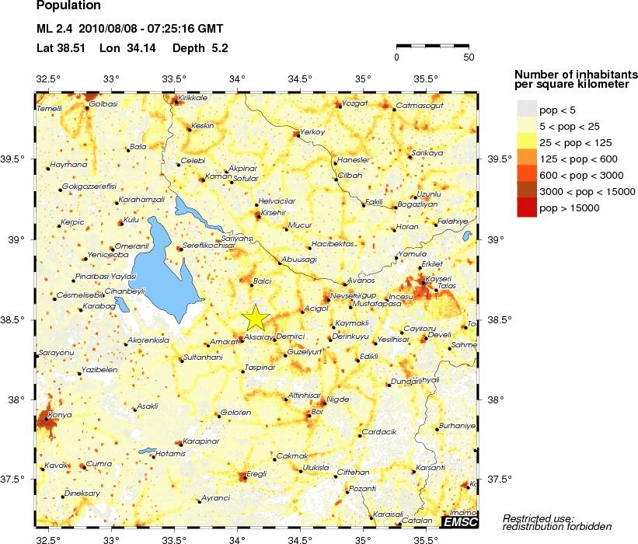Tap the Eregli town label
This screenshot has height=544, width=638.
coord(256,473)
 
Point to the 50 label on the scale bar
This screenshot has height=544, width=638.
coord(468,58)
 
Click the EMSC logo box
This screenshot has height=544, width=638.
coord(459,521)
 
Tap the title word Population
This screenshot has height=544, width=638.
coord(68,5)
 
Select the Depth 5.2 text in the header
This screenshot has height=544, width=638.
coord(200,48)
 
